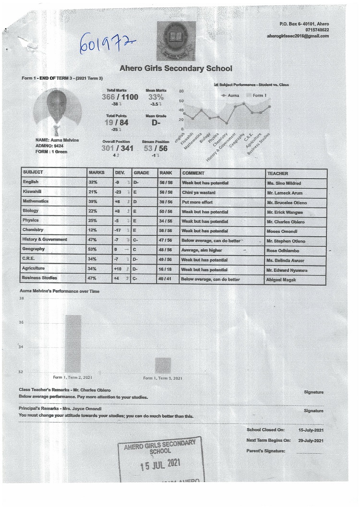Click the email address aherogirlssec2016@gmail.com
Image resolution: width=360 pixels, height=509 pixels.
(x=298, y=36)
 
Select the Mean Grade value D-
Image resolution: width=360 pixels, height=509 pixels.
(x=156, y=122)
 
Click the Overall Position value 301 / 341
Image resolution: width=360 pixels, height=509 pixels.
(x=118, y=148)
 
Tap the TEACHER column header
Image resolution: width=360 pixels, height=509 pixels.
(x=277, y=173)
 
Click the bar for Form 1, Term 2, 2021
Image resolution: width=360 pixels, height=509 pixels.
(x=73, y=344)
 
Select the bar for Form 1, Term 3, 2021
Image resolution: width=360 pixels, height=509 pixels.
(x=163, y=365)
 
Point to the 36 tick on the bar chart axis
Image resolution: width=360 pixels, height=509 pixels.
(x=21, y=323)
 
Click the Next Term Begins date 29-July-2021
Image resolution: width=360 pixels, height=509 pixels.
(x=311, y=440)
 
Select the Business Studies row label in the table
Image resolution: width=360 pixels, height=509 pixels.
(x=39, y=278)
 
